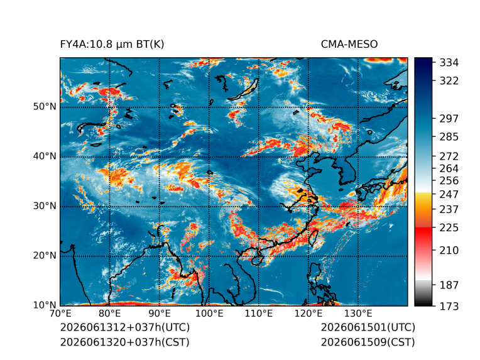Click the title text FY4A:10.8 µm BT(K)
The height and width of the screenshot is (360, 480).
112,45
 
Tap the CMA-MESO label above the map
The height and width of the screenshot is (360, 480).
349,45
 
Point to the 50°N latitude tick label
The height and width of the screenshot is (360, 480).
45,107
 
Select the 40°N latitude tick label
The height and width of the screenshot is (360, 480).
45,156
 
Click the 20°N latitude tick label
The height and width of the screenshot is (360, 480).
45,255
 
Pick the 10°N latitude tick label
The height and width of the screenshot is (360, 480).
45,305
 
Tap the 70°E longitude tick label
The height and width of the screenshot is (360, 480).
60,314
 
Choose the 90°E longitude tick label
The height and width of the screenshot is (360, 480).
159,314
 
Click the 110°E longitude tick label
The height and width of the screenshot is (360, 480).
259,314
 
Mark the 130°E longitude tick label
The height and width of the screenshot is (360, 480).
358,314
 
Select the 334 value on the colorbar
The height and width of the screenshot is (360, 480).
449,63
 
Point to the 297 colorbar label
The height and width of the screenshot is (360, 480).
449,119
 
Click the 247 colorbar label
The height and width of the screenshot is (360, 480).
449,194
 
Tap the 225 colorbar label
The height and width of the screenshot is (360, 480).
449,228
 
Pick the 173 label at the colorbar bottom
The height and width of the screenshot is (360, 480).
449,306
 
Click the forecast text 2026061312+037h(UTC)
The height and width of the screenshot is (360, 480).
125,327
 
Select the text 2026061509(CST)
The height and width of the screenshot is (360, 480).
368,342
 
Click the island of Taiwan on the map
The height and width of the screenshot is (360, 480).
314,238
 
